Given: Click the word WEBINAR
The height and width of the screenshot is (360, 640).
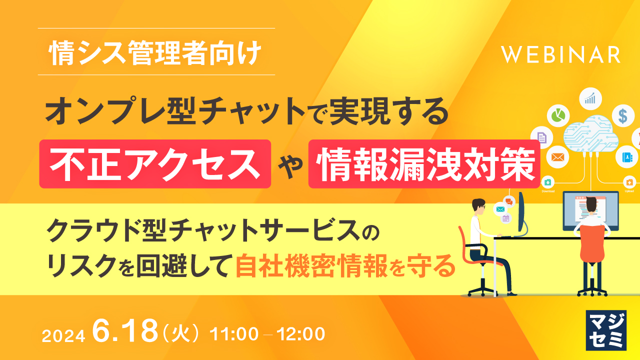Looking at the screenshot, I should click(x=561, y=54).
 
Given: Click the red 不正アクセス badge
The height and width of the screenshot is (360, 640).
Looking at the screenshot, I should click(x=155, y=164).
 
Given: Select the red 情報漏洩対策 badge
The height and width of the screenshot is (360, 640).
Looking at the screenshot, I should click(x=424, y=164).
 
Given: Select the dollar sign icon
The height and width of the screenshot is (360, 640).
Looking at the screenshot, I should click(x=622, y=115).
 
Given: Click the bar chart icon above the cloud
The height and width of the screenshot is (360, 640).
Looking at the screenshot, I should click(x=590, y=97).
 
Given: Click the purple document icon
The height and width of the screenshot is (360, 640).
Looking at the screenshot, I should click(x=541, y=136).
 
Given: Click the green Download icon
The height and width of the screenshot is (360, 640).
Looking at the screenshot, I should click(x=547, y=182).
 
